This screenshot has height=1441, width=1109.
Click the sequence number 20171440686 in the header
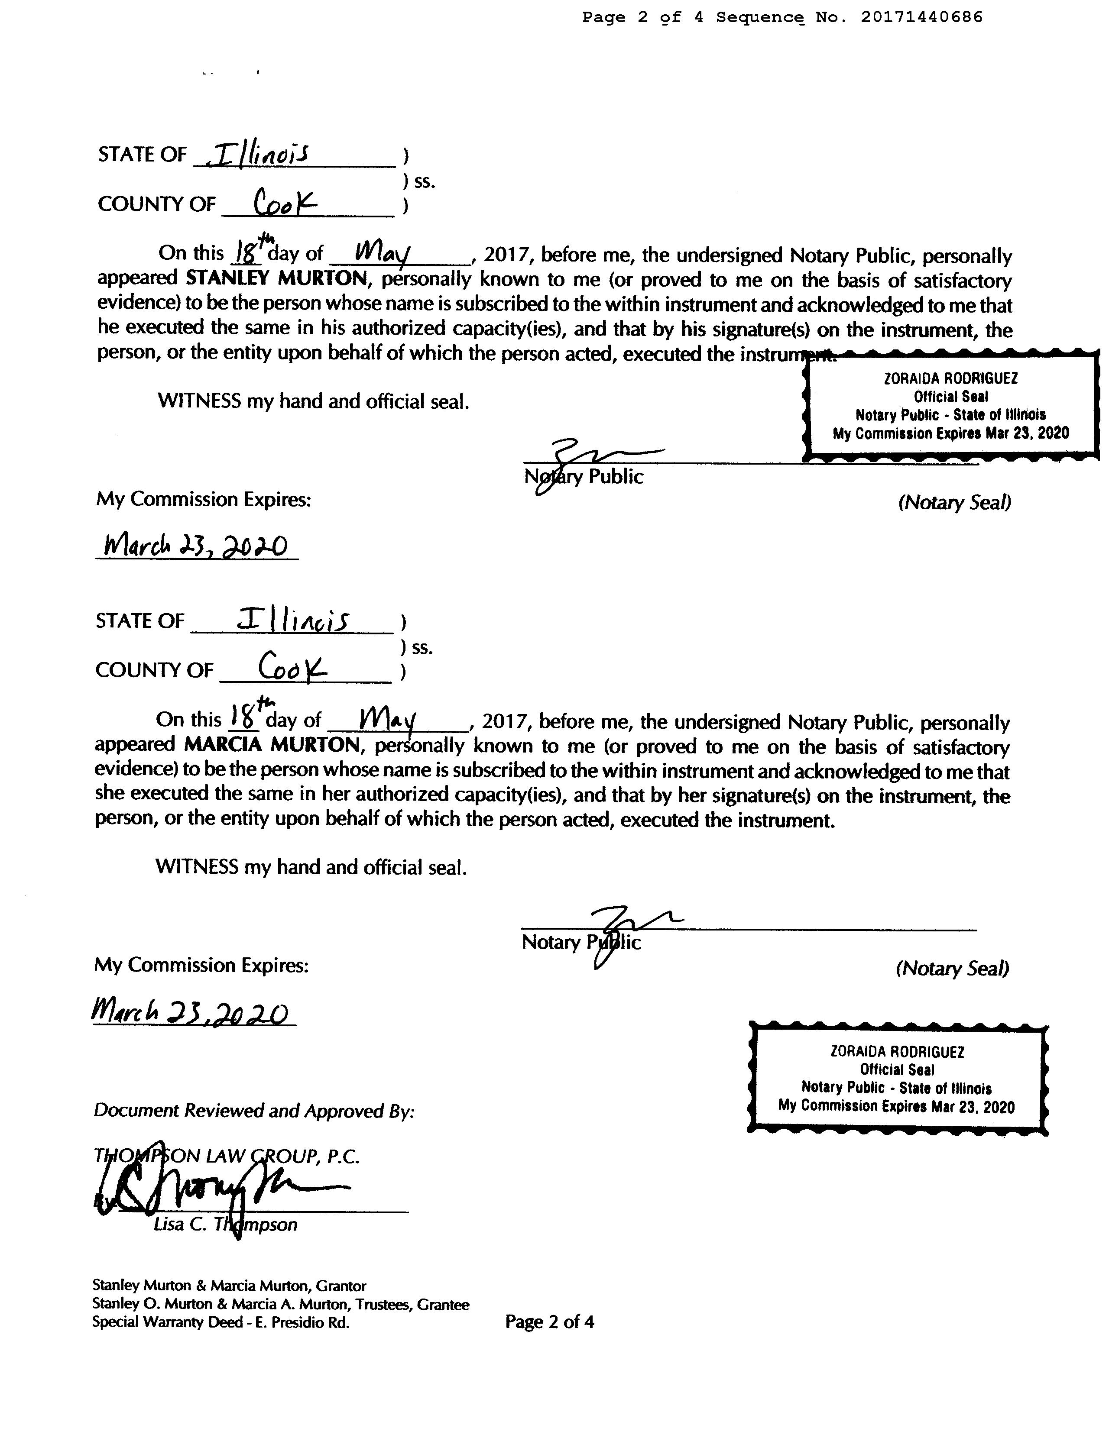click(921, 17)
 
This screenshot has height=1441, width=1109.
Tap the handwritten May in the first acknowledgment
click(383, 252)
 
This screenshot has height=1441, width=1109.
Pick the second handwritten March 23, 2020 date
click(191, 1013)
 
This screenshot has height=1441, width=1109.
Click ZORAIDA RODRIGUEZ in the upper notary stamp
click(950, 379)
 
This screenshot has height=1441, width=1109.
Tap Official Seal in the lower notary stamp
click(896, 1069)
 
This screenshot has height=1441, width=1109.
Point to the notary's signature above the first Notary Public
click(587, 455)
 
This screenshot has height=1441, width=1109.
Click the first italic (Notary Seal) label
click(954, 503)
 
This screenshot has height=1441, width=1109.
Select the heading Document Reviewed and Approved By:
click(254, 1111)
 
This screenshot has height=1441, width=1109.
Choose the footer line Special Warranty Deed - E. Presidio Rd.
click(221, 1322)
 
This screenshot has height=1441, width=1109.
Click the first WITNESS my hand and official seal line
click(314, 401)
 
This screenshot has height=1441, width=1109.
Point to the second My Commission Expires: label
click(201, 965)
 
